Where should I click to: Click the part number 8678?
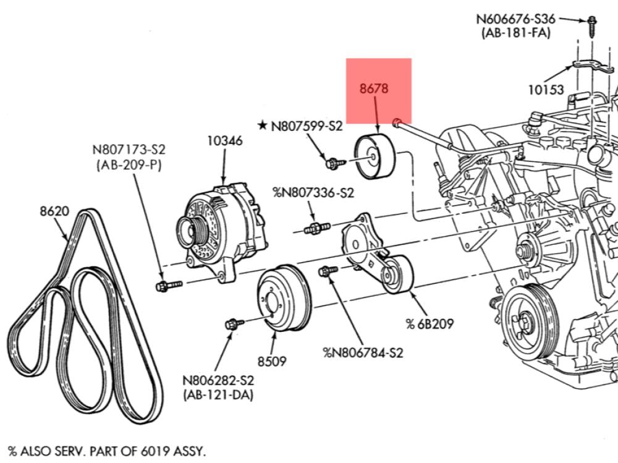click(374, 88)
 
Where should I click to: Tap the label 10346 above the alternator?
click(224, 140)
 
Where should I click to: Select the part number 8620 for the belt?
click(54, 211)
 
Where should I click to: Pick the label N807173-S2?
click(129, 150)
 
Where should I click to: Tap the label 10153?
click(546, 90)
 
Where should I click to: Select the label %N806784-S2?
click(363, 353)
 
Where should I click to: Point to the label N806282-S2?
click(218, 380)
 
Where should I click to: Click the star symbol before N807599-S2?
click(263, 126)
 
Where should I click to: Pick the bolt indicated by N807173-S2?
click(167, 286)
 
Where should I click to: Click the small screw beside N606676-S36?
click(591, 23)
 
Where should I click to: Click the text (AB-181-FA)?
click(516, 33)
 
